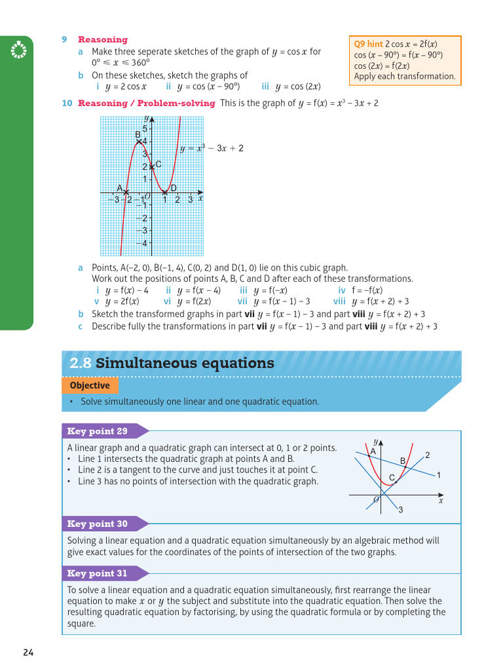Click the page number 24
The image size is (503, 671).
(x=28, y=652)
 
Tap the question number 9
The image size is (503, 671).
(x=65, y=39)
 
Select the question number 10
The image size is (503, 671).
(x=67, y=103)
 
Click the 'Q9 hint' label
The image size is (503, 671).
(x=368, y=45)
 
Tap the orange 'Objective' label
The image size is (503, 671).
(x=90, y=385)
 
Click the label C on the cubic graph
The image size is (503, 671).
(x=158, y=164)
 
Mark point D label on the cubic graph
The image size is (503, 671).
(x=174, y=188)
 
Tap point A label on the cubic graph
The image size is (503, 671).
(x=120, y=188)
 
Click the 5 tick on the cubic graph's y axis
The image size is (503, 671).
(x=145, y=128)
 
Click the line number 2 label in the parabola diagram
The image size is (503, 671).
(x=427, y=455)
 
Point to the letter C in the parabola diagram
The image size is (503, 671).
(x=392, y=478)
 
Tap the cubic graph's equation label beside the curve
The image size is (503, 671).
(x=212, y=148)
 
